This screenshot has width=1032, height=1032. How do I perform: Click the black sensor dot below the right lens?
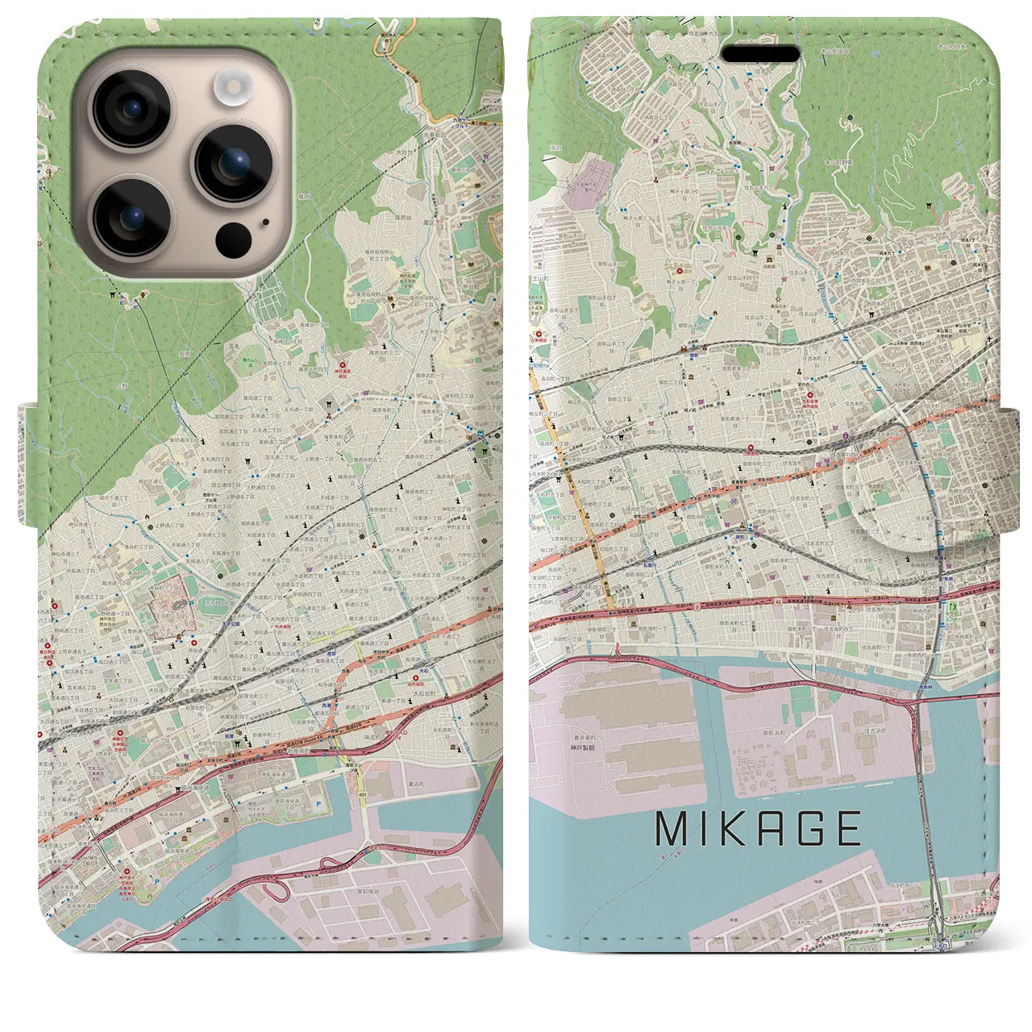pyautogui.click(x=233, y=238)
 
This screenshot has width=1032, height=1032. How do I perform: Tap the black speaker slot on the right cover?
pyautogui.click(x=760, y=54)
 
